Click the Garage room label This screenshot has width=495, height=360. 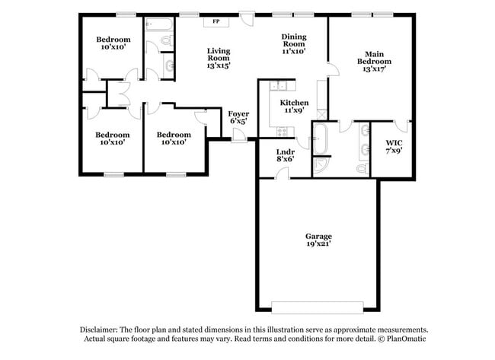tap(319, 236)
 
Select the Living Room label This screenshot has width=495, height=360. tap(219, 55)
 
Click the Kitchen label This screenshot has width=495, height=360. tap(294, 102)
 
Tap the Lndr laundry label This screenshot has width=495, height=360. tap(285, 151)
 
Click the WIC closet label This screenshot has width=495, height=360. tap(393, 142)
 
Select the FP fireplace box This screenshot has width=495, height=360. tap(216, 22)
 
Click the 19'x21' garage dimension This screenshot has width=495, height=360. tap(319, 244)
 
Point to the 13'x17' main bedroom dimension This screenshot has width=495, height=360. tap(373, 69)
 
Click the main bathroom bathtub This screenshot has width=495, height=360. tap(321, 139)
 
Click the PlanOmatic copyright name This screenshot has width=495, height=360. tap(407, 339)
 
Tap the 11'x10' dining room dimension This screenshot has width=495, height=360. tap(293, 52)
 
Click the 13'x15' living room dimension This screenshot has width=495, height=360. tap(219, 66)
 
